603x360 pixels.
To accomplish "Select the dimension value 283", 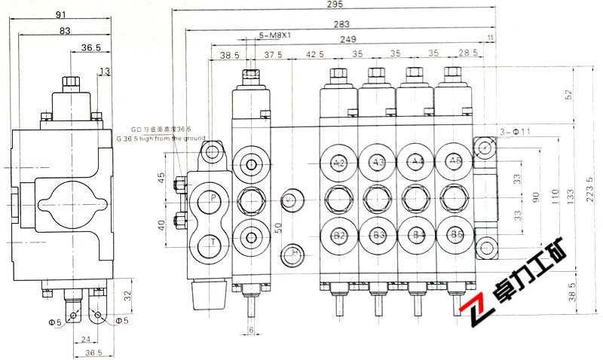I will (x=341, y=23).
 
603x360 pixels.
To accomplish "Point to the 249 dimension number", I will (x=347, y=39).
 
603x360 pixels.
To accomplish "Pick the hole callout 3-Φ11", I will (x=516, y=132).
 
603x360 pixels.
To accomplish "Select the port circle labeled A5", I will (x=455, y=162).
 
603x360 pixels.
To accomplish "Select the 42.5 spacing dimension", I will (x=315, y=54).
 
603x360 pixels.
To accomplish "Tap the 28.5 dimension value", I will (x=468, y=54).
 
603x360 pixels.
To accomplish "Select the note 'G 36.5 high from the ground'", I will (x=155, y=139).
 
